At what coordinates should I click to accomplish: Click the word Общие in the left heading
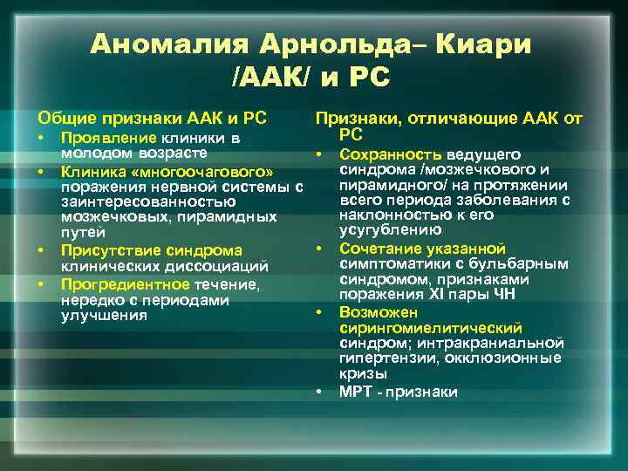click(x=62, y=117)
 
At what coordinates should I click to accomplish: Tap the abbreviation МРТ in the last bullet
click(x=357, y=392)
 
